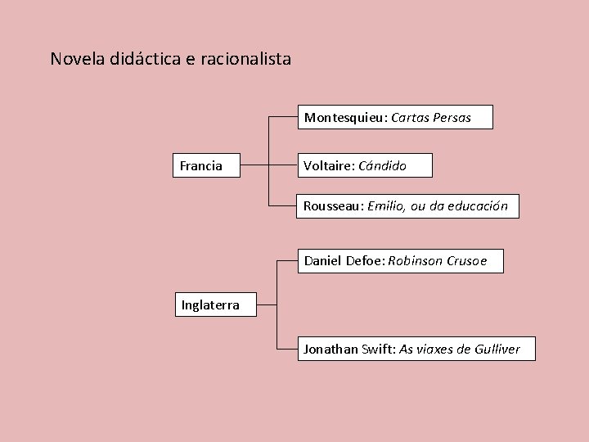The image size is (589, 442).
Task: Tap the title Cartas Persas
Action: click(x=431, y=117)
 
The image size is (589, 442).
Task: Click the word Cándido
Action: click(x=382, y=165)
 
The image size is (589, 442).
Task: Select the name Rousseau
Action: click(x=332, y=205)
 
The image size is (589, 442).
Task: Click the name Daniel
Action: click(x=322, y=261)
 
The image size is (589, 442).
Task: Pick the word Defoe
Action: click(x=364, y=261)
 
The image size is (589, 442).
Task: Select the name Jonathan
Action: click(x=330, y=349)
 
